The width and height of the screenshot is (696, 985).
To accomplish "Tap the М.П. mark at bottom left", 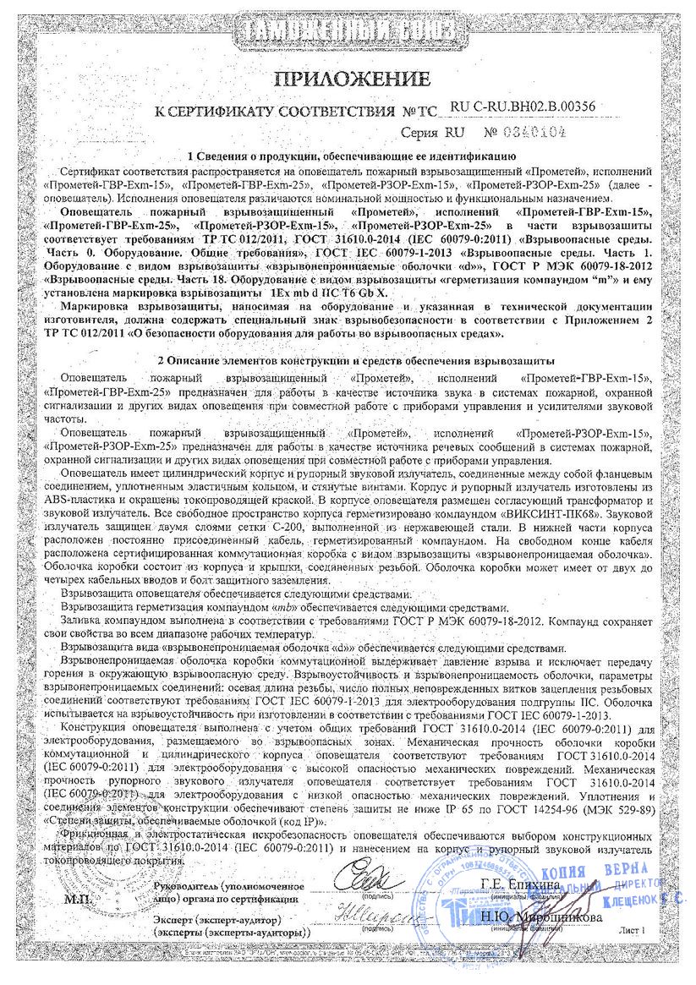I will coord(75,900).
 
